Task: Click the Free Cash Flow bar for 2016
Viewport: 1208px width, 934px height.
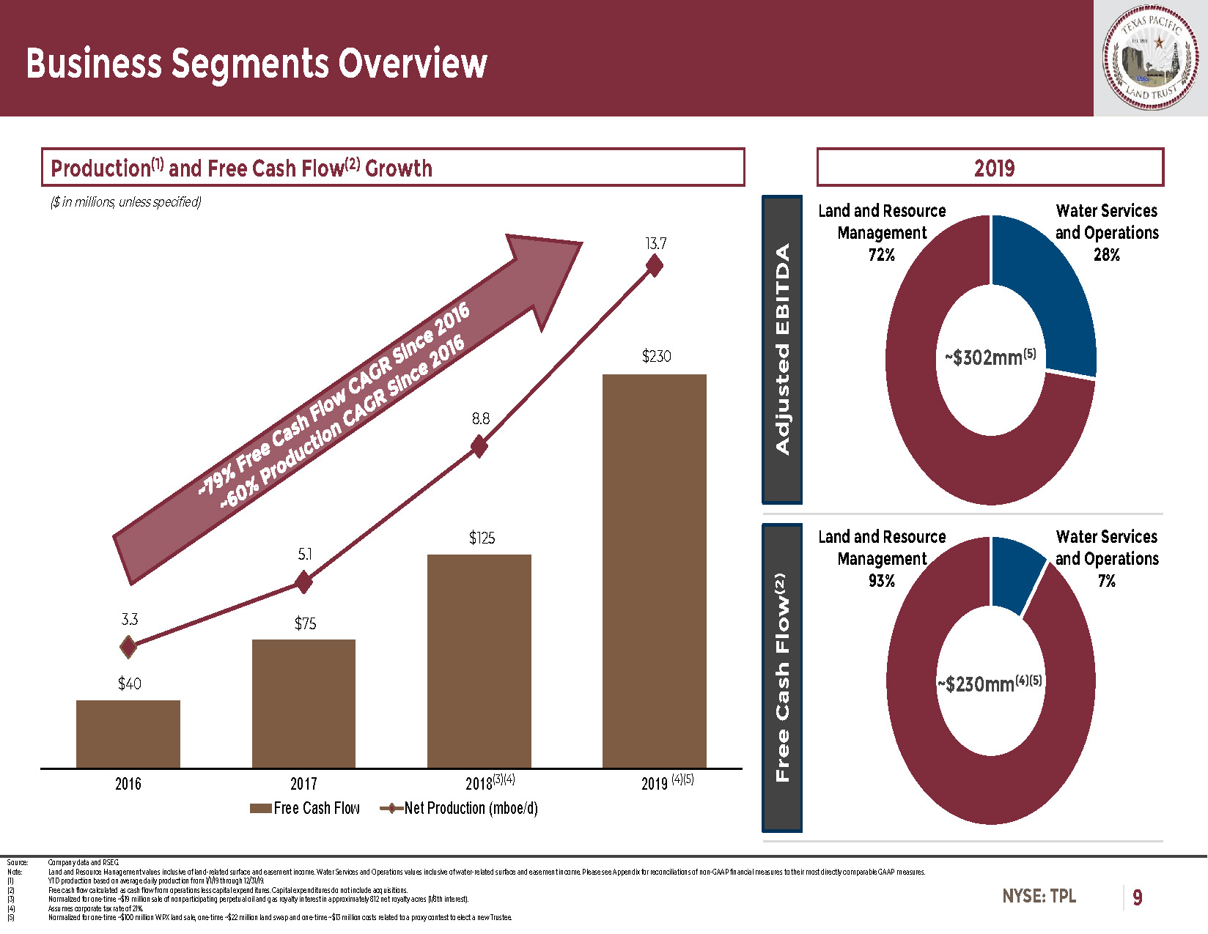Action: (x=128, y=734)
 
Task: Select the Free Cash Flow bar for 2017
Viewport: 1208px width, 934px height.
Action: (x=303, y=703)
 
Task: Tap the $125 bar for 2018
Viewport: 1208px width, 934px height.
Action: (x=479, y=661)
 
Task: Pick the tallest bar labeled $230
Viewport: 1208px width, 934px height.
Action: (x=654, y=571)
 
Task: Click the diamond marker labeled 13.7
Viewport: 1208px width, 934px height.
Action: (x=655, y=266)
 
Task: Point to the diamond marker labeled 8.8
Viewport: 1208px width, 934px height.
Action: (x=479, y=446)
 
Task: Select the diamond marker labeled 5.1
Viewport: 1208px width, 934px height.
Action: (x=303, y=582)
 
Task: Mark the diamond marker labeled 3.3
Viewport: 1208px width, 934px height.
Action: (x=128, y=647)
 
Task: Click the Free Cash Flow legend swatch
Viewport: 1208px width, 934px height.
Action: (x=260, y=809)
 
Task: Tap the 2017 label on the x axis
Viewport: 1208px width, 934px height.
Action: (x=303, y=784)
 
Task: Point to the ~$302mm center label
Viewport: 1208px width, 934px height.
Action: (x=990, y=357)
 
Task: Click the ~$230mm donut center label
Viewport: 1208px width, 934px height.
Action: (x=990, y=684)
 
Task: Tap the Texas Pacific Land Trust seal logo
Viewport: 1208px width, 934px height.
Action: (x=1151, y=58)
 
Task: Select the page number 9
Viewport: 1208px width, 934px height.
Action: (x=1137, y=897)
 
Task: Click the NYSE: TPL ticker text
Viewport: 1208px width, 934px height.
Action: (x=1039, y=896)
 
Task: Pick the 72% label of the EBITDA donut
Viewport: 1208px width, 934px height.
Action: (x=882, y=255)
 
